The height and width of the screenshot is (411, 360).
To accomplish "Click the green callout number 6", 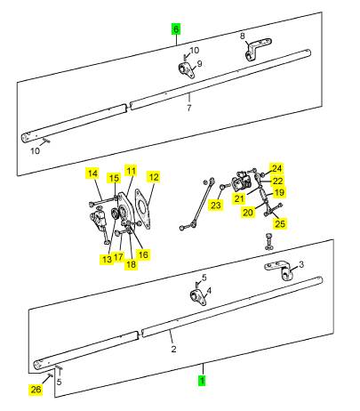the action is pyautogui.click(x=176, y=29).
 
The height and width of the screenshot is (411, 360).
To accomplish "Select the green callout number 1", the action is pyautogui.click(x=203, y=381).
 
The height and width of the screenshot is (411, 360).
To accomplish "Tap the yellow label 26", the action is pyautogui.click(x=36, y=390).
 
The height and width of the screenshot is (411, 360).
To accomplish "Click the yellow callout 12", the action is pyautogui.click(x=154, y=177).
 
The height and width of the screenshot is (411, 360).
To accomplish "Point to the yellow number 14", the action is pyautogui.click(x=92, y=173).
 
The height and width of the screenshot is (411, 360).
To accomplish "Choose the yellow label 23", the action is pyautogui.click(x=216, y=205).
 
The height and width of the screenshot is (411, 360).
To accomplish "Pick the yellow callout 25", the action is pyautogui.click(x=280, y=223).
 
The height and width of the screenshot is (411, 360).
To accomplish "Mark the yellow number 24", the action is pyautogui.click(x=276, y=168).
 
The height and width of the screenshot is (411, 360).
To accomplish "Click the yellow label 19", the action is pyautogui.click(x=279, y=192).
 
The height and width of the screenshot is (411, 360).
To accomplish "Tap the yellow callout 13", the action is pyautogui.click(x=107, y=260).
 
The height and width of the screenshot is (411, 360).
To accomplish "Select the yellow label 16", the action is pyautogui.click(x=143, y=254).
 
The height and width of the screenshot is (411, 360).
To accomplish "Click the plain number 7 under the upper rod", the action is pyautogui.click(x=189, y=108).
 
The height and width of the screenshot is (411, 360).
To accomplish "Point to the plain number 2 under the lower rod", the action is pyautogui.click(x=173, y=349).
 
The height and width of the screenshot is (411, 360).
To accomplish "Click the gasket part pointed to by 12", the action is pyautogui.click(x=143, y=209).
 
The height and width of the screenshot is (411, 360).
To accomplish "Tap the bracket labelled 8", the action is pyautogui.click(x=257, y=48).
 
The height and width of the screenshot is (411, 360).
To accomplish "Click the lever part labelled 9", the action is pyautogui.click(x=187, y=70).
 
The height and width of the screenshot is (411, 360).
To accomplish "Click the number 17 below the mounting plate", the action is pyautogui.click(x=118, y=257).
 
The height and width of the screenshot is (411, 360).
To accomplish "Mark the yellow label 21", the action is pyautogui.click(x=239, y=198).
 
